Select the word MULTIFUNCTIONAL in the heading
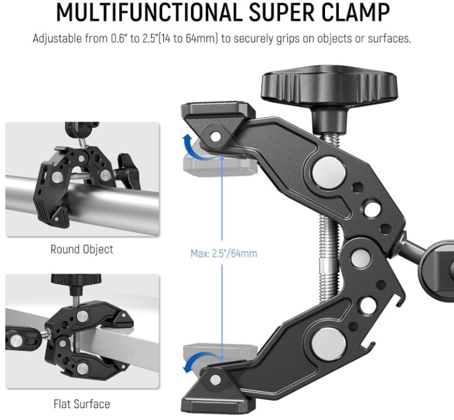coord(149,13)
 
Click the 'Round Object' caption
coord(81,249)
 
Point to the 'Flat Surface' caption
coord(81,404)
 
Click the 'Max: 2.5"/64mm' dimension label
coord(224,253)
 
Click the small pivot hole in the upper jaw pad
coord(215,137)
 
